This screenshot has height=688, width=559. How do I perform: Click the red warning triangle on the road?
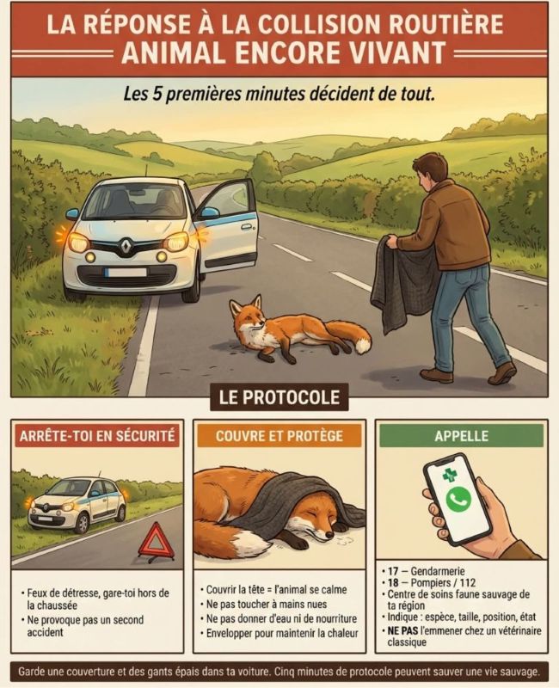tap(157, 543)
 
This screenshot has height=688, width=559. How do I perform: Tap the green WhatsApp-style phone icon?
tap(458, 500)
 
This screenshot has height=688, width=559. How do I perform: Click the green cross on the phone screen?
tap(449, 476)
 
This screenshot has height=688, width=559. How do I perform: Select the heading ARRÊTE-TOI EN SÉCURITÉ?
tap(97, 436)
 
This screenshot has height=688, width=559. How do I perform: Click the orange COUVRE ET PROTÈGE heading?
tap(279, 436)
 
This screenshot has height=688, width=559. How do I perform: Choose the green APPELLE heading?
tap(461, 436)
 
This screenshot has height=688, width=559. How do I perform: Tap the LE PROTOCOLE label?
tap(279, 397)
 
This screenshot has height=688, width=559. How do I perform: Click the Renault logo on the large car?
tap(126, 247)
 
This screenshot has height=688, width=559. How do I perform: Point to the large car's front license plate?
tap(126, 273)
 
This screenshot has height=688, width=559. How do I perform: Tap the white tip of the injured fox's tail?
tap(362, 346)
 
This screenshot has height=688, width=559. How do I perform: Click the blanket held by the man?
tap(402, 281)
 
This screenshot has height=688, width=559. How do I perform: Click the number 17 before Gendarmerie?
tap(393, 571)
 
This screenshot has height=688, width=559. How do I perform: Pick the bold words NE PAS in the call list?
tap(402, 630)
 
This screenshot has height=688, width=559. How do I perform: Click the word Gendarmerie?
tap(438, 571)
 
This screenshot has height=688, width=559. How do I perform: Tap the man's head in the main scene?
tap(429, 168)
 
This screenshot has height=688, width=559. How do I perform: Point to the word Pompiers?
tap(431, 583)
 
